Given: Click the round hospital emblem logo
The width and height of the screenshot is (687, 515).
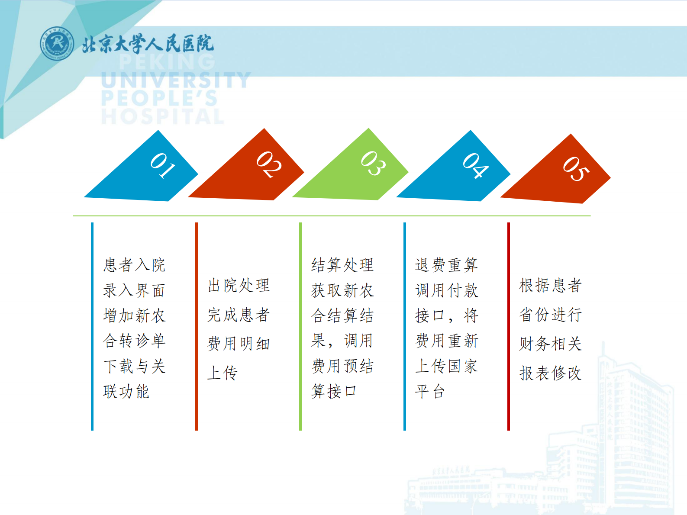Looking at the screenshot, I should click(57, 43).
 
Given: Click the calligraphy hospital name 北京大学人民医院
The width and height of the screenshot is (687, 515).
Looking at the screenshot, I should click(148, 44).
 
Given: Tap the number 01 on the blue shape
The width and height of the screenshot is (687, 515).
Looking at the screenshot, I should click(163, 165).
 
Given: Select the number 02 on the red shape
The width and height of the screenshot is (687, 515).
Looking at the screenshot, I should click(269, 164).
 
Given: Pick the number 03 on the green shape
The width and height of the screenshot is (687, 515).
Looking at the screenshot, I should click(373, 163).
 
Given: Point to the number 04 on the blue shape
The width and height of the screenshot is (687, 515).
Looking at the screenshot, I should click(475, 165).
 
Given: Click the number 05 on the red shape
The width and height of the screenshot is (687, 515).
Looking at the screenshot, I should click(576, 169).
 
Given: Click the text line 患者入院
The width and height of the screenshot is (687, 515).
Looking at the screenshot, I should click(134, 264).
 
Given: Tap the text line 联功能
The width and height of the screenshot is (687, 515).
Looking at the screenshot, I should click(126, 391).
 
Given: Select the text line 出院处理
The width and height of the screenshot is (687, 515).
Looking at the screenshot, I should click(239, 285).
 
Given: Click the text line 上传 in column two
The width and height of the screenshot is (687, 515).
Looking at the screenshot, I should click(222, 373).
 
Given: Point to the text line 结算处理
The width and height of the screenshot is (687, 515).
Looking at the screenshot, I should click(342, 264).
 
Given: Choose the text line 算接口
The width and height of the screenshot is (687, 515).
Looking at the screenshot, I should click(334, 391).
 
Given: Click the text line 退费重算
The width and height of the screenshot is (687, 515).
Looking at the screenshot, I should click(446, 264).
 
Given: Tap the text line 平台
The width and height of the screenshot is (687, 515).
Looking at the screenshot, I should click(430, 391).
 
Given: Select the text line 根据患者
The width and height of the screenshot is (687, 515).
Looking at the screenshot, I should click(550, 285).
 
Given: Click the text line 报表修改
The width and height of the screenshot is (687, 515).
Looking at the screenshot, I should click(550, 373).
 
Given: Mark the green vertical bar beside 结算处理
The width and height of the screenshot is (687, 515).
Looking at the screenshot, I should click(300, 326).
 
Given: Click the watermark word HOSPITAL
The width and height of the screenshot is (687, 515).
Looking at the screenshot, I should click(163, 116).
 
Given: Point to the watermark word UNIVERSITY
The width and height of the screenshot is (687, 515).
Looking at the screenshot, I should click(176, 80).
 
